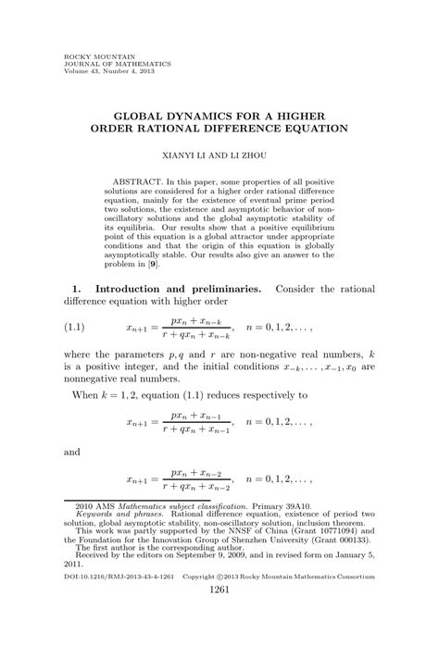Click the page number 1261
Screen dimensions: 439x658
[x=219, y=616]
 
